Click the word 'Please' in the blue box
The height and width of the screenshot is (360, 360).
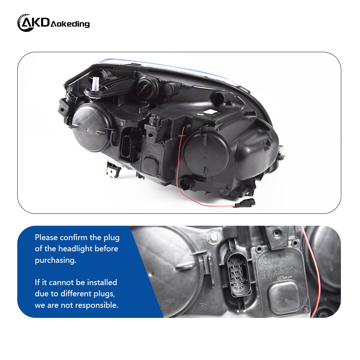[x=46, y=238]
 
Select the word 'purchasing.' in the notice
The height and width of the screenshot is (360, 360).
[x=55, y=261]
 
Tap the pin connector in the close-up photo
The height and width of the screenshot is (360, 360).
[x=238, y=275]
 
